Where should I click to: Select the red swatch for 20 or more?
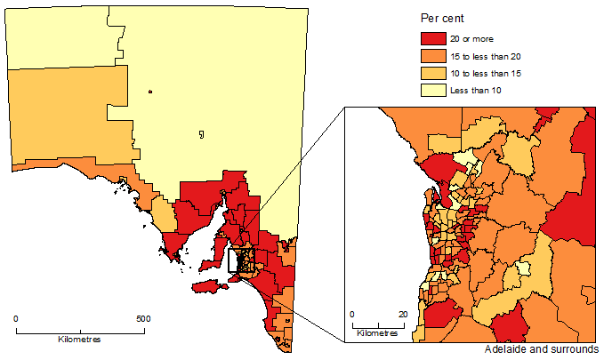434,38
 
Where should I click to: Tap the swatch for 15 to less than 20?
434,55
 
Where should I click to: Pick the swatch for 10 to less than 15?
434,73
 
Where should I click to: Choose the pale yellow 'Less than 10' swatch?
434,90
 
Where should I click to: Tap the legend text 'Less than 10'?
485,90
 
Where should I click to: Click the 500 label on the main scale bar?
142,318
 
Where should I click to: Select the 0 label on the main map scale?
16,318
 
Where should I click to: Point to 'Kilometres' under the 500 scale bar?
79,340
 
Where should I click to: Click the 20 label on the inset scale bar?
402,315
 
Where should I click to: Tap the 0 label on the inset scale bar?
352,315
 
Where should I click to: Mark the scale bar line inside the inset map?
377,324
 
